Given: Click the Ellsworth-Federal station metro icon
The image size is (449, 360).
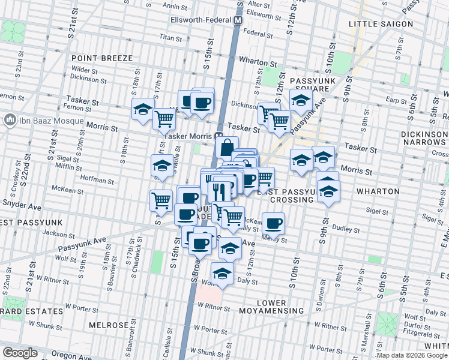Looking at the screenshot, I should [x=238, y=20].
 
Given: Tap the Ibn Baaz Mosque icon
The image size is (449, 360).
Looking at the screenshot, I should [x=10, y=120].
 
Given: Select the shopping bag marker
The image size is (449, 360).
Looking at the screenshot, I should [x=227, y=147].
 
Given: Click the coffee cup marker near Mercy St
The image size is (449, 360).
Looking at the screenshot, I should [x=274, y=223].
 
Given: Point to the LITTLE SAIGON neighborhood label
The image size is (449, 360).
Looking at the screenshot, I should [x=381, y=24].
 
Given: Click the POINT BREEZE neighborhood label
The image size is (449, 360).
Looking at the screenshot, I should [x=101, y=58].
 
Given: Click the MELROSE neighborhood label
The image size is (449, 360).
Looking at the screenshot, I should [x=109, y=325].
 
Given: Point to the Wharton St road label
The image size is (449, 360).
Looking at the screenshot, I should [x=258, y=61].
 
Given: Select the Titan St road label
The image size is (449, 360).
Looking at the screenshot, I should [x=170, y=37].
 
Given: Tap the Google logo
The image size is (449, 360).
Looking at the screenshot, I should [x=20, y=353].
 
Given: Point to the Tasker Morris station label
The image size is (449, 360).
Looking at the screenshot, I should [x=188, y=136].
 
